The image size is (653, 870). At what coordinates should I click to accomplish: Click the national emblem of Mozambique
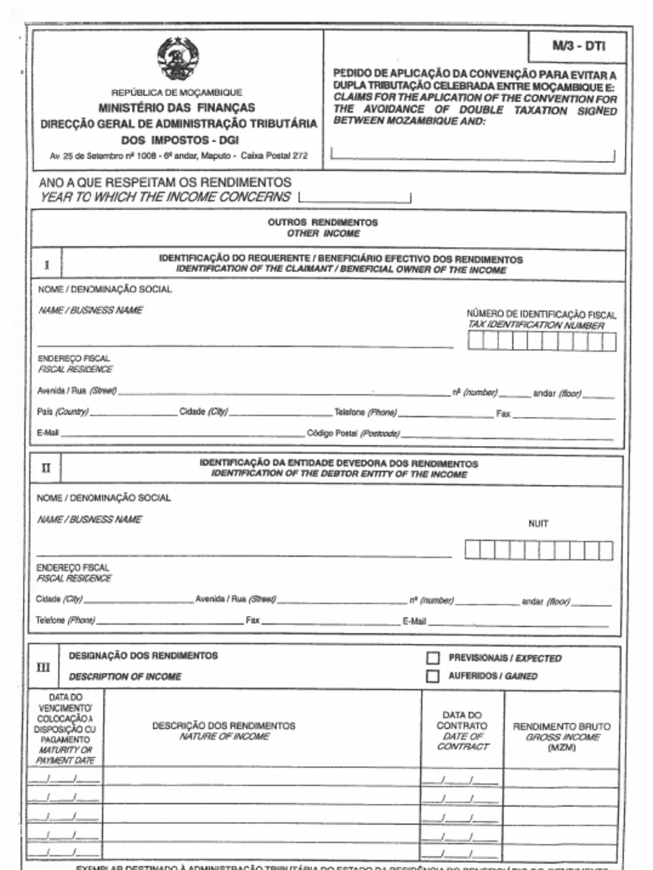(x=178, y=59)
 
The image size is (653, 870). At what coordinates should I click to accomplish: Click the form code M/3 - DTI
(x=577, y=47)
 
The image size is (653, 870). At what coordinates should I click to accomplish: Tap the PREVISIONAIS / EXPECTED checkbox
(x=433, y=658)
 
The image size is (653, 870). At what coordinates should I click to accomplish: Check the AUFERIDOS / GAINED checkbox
(x=433, y=676)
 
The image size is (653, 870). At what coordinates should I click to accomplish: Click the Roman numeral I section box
(x=47, y=264)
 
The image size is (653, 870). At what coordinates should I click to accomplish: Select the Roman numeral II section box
(x=47, y=468)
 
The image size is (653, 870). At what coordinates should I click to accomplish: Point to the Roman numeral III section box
(x=44, y=667)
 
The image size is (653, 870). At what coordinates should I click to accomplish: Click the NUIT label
(x=538, y=524)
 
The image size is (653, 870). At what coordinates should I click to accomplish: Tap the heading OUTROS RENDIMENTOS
(x=322, y=222)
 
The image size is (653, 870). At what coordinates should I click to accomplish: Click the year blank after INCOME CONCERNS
(x=355, y=199)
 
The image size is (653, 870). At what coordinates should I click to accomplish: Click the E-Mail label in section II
(x=414, y=621)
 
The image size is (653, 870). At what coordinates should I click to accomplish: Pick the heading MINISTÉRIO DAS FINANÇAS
(x=176, y=108)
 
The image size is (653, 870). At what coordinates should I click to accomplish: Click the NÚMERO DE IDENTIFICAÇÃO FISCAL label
(x=542, y=314)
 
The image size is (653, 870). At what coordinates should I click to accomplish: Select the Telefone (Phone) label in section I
(x=365, y=413)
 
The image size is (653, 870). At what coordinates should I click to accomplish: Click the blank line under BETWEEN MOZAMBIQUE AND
(x=472, y=155)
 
